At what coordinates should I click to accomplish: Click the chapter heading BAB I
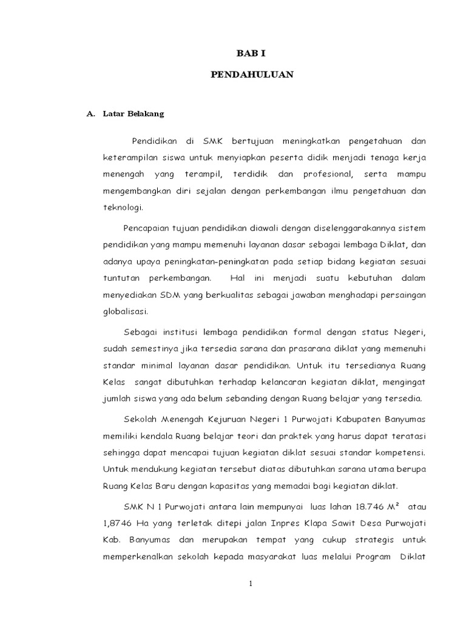pos(252,53)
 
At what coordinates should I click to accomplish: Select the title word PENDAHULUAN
pos(252,75)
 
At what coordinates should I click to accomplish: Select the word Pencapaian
pos(146,229)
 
